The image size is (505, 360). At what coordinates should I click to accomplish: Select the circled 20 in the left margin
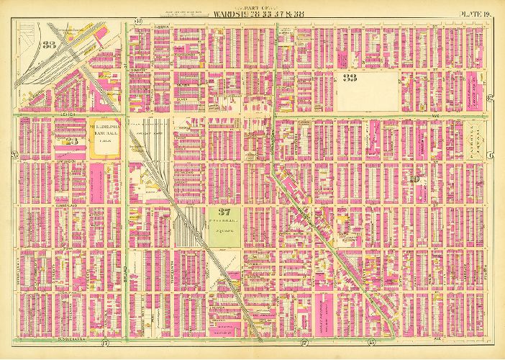coord(14,156)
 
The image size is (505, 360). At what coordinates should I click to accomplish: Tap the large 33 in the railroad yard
coord(49,45)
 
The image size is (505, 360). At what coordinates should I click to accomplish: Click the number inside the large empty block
coord(350,78)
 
